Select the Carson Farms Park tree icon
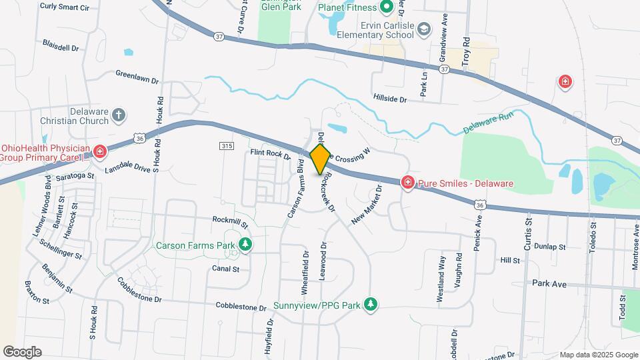point(246,245)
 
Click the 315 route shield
point(225,145)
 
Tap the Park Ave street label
point(549,284)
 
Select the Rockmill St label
point(230,221)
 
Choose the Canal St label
point(225,269)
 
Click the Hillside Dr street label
point(390,99)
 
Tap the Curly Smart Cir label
point(83,6)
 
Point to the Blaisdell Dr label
point(61,47)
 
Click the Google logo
point(22,351)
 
